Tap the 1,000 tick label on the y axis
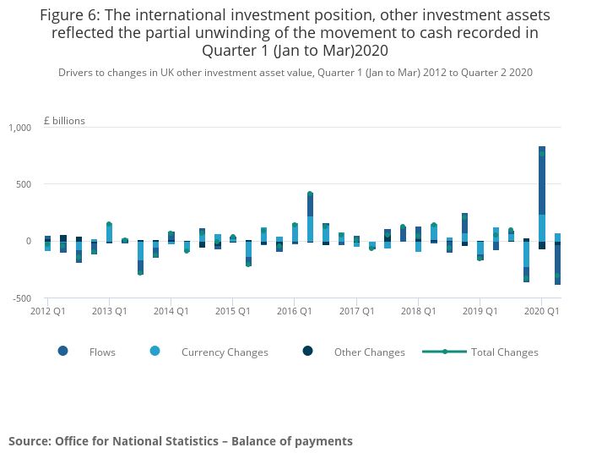point(19,128)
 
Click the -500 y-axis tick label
point(20,298)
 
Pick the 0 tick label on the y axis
point(28,241)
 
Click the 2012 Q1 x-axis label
point(49,312)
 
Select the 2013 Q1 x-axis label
point(109,312)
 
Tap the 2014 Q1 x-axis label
point(171,312)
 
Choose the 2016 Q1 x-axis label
point(294,312)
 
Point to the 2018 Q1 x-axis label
point(418,312)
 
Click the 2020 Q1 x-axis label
point(541,312)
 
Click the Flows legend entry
point(101,352)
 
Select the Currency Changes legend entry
point(225,352)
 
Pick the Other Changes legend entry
point(369,352)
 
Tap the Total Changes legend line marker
point(445,352)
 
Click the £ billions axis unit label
point(64,121)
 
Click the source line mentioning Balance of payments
point(181,441)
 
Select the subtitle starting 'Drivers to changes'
point(295,73)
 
